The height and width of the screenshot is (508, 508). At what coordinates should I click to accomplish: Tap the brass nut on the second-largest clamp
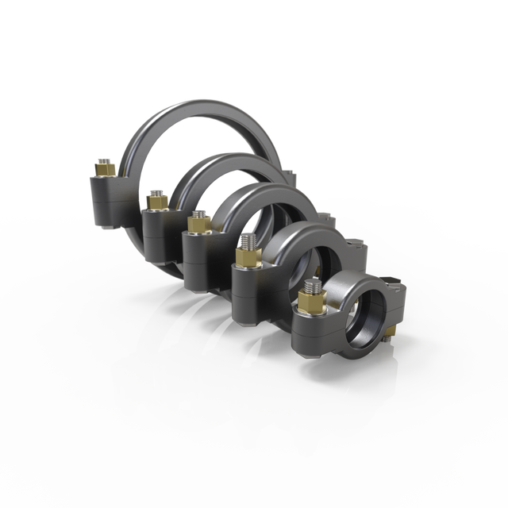pyautogui.click(x=156, y=203)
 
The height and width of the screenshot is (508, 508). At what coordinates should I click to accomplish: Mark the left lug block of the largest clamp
pyautogui.click(x=105, y=198)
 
